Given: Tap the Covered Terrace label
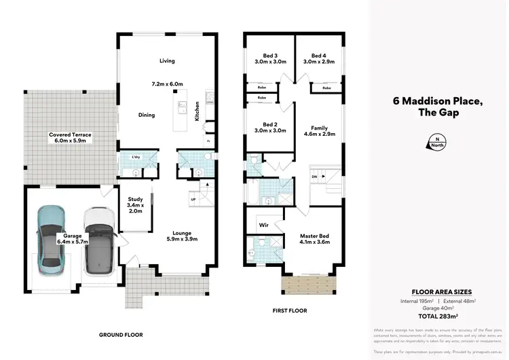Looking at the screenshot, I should pos(70,135).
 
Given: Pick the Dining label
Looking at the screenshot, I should pos(146,115).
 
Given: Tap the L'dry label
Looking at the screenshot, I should pos(135,157).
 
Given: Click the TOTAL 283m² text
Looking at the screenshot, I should pos(437,316).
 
